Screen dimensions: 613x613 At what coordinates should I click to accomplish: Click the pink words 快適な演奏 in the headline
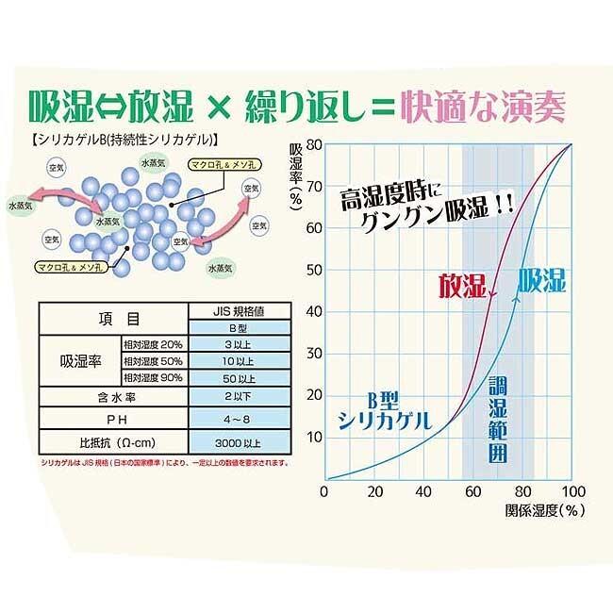pyautogui.click(x=482, y=106)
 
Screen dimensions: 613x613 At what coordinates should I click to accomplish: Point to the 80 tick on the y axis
pyautogui.click(x=312, y=144)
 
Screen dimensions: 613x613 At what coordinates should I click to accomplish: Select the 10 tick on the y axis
pyautogui.click(x=312, y=438)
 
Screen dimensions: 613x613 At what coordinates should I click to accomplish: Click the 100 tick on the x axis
pyautogui.click(x=572, y=492)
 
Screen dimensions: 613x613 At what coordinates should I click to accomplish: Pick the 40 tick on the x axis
pyautogui.click(x=423, y=492)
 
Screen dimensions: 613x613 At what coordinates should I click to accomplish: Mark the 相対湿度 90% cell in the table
pyautogui.click(x=155, y=376)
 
